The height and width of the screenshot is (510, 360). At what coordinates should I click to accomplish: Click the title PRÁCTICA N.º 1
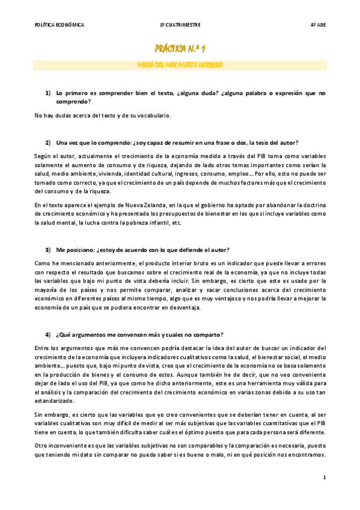tap(180, 48)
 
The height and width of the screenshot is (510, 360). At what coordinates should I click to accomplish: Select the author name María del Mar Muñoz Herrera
tap(180, 64)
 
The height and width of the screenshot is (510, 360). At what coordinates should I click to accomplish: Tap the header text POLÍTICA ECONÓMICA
tap(59, 25)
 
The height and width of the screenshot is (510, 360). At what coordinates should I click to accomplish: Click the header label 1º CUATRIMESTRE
tap(180, 25)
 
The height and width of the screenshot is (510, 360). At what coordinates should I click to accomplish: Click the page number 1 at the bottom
tap(324, 478)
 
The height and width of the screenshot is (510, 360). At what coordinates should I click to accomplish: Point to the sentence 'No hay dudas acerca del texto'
tap(103, 115)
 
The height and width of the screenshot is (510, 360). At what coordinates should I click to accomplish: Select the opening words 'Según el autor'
tap(53, 155)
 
